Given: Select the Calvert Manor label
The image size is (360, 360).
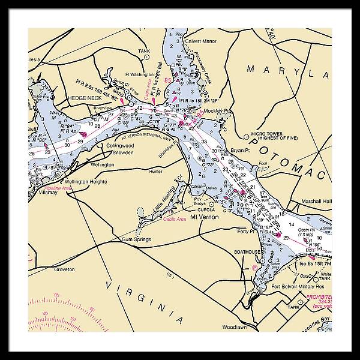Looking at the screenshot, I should pyautogui.click(x=200, y=41).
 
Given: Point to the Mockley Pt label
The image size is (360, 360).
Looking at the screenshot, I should pyautogui.click(x=219, y=112).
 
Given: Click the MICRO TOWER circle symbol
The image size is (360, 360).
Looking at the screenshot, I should pyautogui.click(x=247, y=136).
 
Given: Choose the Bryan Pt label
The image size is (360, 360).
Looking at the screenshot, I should pyautogui.click(x=241, y=150).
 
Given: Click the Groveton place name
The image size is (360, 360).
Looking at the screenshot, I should pyautogui.click(x=63, y=269).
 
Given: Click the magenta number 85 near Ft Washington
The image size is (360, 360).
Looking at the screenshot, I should pyautogui.click(x=169, y=80).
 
